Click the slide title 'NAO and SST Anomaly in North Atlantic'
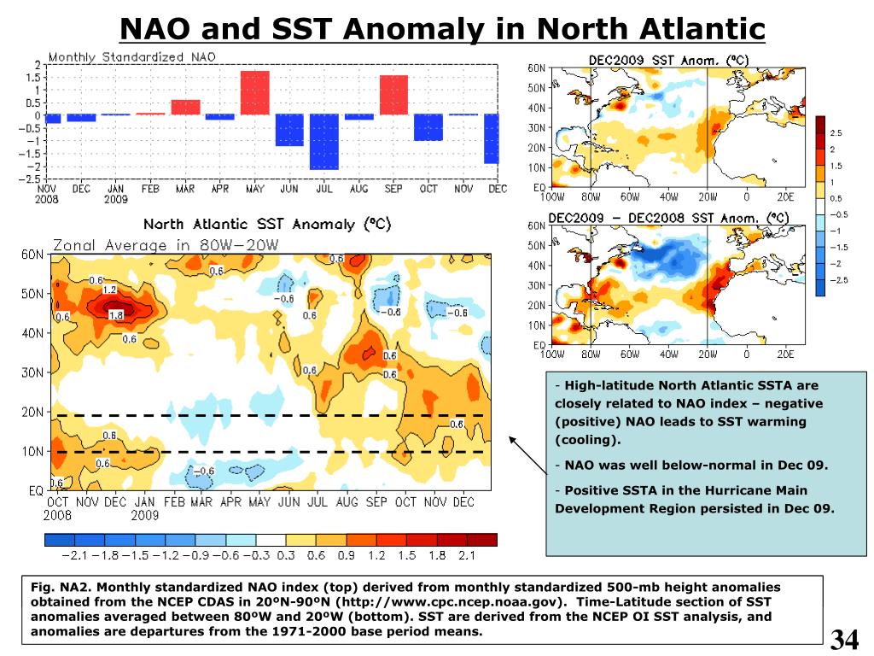[442, 29]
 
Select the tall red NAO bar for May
[254, 92]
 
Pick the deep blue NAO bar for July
[324, 141]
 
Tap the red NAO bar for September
[393, 95]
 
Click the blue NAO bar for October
[428, 127]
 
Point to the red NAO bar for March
[185, 107]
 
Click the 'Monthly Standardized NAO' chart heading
[132, 57]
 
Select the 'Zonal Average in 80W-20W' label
[166, 245]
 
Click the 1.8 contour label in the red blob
[117, 314]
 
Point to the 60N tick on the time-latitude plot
[32, 255]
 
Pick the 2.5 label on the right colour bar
[836, 133]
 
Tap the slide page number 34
[844, 638]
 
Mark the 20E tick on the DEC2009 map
[784, 193]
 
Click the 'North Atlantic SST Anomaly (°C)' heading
[266, 225]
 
